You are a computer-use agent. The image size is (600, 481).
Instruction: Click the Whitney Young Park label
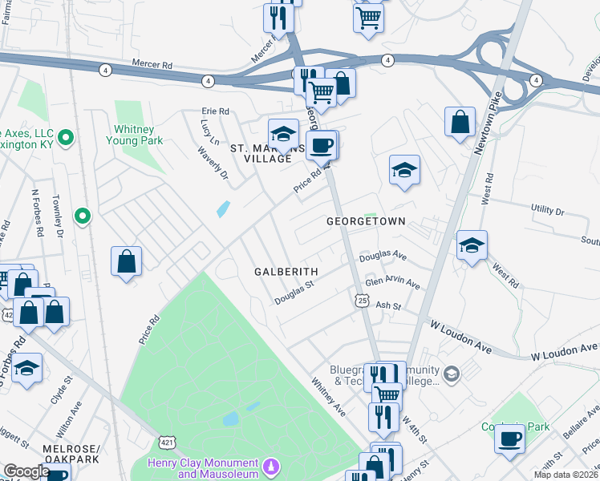coord(134,134)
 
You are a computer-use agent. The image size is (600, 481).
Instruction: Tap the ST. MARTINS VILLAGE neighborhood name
coord(261,153)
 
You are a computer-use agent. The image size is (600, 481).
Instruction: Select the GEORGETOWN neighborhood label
coord(365,220)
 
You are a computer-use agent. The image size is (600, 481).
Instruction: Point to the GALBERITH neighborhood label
coord(287,272)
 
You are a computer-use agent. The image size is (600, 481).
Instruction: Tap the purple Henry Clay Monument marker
coord(272,465)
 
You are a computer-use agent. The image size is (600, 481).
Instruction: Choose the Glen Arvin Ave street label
coord(393,285)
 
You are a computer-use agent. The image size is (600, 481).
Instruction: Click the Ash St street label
coord(387,305)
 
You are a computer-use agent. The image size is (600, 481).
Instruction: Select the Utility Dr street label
coord(548,210)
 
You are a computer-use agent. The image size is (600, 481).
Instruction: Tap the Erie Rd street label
coord(216,111)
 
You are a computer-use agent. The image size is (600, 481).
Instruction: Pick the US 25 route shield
coord(362,299)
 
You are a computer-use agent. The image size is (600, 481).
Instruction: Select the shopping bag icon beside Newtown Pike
coord(460,123)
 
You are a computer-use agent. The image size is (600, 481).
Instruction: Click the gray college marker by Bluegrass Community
coord(452,374)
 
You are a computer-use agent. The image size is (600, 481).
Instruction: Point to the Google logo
coord(26,472)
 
